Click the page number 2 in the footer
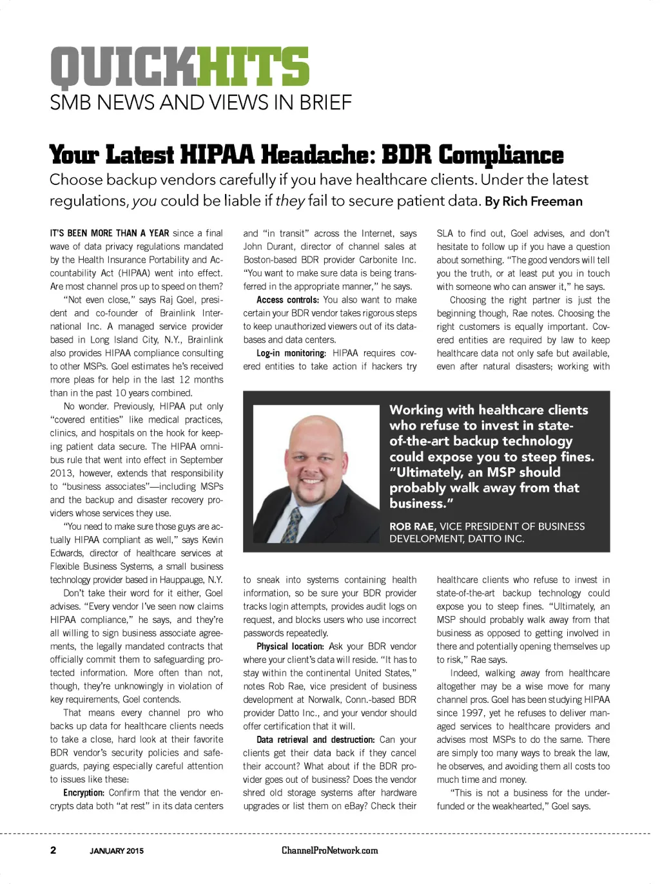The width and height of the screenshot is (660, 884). pos(53,850)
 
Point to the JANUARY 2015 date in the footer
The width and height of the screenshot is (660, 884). pos(117,850)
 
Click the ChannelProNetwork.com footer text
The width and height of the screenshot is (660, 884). pos(329,850)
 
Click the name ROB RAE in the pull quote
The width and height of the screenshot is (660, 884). pos(412,526)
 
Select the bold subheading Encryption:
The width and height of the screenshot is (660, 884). pos(84,793)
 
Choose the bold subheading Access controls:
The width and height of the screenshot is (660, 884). pos(287,300)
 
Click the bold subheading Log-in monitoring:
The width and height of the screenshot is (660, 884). pos(291,353)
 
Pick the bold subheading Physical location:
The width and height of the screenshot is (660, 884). pos(290,646)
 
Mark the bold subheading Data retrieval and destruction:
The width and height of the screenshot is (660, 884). pos(315,740)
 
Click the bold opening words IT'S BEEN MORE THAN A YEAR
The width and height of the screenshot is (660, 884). pos(110,233)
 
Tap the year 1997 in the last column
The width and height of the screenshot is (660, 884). pos(471,713)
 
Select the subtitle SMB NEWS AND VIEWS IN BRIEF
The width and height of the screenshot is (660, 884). pos(200,102)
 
